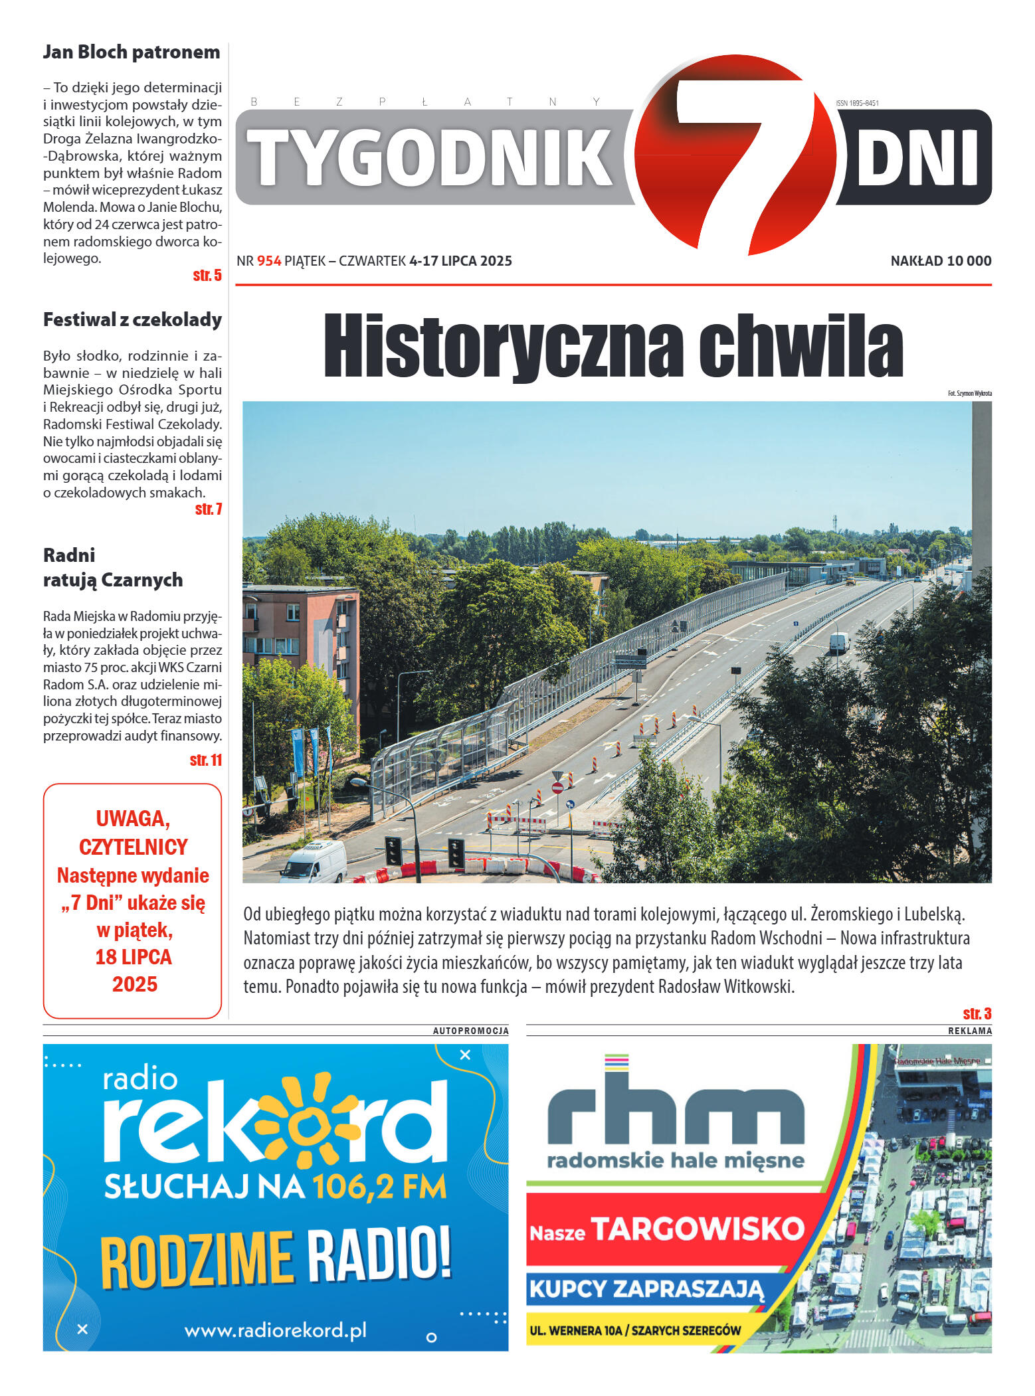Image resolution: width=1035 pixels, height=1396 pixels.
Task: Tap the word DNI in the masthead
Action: [917, 157]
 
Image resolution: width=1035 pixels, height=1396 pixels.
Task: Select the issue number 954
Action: [269, 261]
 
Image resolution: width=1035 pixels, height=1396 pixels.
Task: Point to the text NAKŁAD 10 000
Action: [940, 261]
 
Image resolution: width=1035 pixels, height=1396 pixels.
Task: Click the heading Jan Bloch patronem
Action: [132, 52]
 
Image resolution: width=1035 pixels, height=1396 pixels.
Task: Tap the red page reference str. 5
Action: [207, 276]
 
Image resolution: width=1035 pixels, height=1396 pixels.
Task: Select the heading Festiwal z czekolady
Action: [132, 319]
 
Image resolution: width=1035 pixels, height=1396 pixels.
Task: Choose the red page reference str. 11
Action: [205, 760]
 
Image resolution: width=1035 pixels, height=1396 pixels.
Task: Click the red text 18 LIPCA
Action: [134, 957]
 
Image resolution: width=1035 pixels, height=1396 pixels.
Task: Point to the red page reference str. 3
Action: [977, 1013]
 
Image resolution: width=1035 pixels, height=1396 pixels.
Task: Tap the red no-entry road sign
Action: [557, 788]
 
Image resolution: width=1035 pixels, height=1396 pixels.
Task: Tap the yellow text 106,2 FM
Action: [379, 1187]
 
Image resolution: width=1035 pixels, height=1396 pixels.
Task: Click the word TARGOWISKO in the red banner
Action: [698, 1229]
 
